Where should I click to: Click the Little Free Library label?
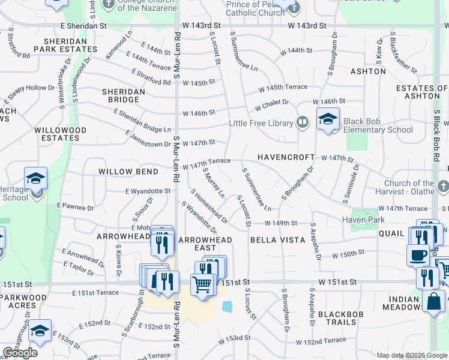pos(260,124)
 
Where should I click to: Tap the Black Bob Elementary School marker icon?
pos(328,119)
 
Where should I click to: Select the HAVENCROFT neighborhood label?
pos(286,157)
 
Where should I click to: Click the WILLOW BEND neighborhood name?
pos(129,172)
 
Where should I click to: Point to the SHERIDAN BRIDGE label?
pos(123,95)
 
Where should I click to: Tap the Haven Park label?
pos(363,220)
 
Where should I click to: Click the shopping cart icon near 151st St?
pos(203,284)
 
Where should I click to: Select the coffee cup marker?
pos(418,254)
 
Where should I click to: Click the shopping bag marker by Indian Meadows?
pos(433,302)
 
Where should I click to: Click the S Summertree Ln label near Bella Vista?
pos(256,189)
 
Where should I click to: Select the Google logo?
pos(20,353)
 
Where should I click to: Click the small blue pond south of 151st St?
pos(228,306)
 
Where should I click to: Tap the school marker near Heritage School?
pos(36,178)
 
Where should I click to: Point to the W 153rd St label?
pos(234,338)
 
